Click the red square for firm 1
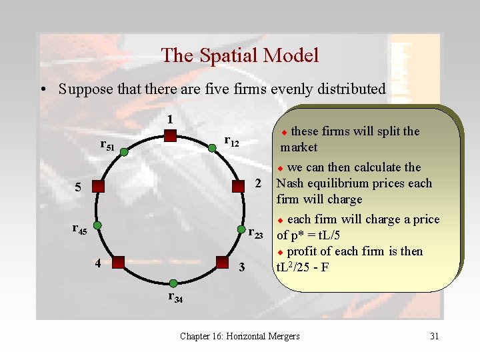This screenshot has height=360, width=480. pyautogui.click(x=170, y=136)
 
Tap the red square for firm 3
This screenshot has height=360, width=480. pyautogui.click(x=222, y=262)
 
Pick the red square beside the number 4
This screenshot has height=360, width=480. pyautogui.click(x=119, y=262)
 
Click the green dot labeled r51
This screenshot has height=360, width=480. pyautogui.click(x=123, y=153)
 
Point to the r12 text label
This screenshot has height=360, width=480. pyautogui.click(x=231, y=141)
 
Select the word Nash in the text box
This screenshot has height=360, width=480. pyautogui.click(x=290, y=183)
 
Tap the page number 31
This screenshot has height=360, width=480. pyautogui.click(x=434, y=336)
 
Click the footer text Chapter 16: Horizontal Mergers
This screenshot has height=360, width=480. pyautogui.click(x=239, y=336)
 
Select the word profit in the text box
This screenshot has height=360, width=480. pyautogui.click(x=305, y=251)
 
